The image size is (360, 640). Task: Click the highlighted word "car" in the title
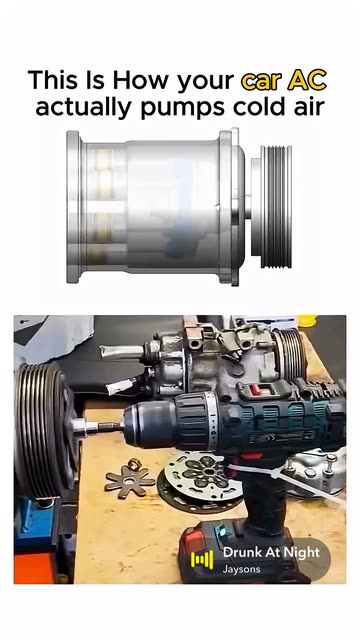click(x=260, y=81)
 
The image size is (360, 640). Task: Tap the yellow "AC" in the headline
click(x=307, y=80)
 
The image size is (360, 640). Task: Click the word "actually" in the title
click(x=84, y=107)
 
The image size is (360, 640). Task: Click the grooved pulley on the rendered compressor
click(x=276, y=207)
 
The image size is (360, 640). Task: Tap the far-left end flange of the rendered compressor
click(x=73, y=207)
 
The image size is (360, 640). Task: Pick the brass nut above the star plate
click(x=133, y=464)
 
